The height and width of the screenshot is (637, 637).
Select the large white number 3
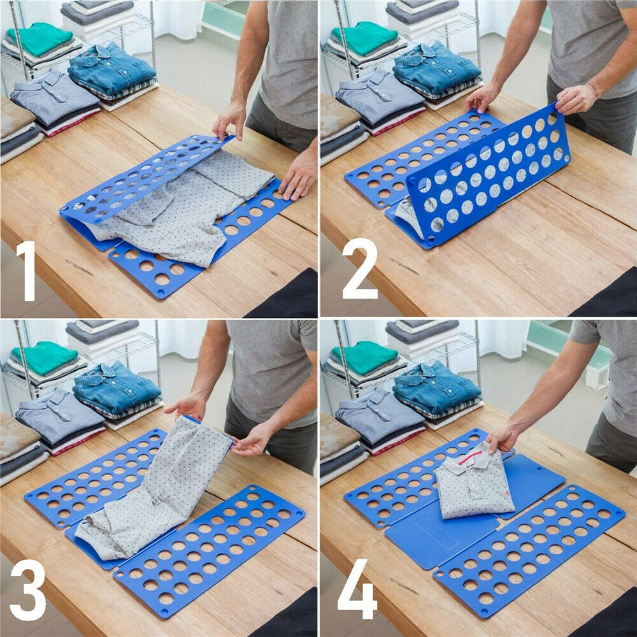click(27, 589)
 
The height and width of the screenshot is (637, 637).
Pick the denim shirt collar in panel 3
click(105, 371)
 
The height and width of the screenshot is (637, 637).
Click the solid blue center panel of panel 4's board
click(440, 535)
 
